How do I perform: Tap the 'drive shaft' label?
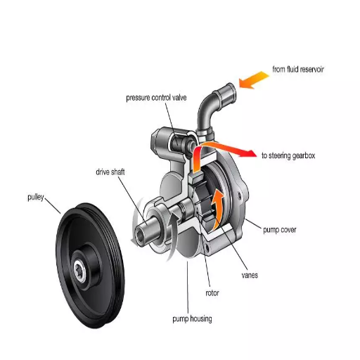(x=112, y=172)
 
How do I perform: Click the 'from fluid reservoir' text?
(x=297, y=69)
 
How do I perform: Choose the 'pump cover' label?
(x=279, y=229)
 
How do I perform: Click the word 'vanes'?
(x=249, y=275)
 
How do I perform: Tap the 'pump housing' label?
(x=192, y=319)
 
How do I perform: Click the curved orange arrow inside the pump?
(x=219, y=204)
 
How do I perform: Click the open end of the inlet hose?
(x=226, y=90)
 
